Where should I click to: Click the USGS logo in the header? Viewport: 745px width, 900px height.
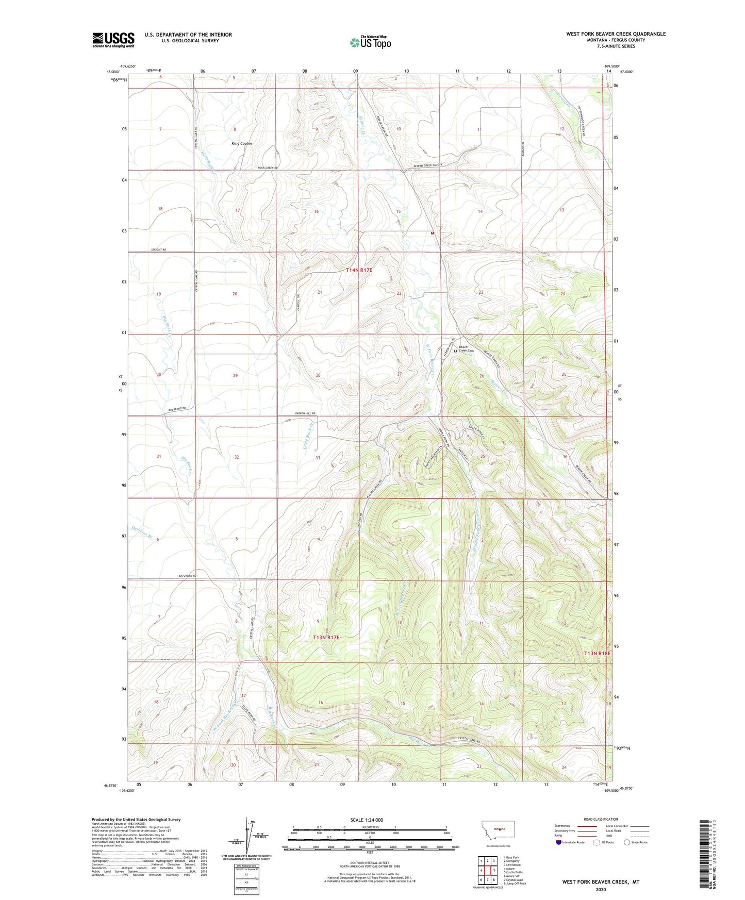[113, 39]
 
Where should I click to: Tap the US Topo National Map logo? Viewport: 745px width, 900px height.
[370, 42]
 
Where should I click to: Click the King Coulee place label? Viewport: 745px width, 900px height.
[242, 143]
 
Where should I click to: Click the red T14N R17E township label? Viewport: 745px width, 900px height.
[359, 270]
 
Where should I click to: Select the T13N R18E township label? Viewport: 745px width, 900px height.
[597, 653]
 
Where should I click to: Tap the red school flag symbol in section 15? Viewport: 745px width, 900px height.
[432, 232]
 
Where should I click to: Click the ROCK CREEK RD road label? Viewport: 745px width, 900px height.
[268, 168]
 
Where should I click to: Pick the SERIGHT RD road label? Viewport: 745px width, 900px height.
[159, 249]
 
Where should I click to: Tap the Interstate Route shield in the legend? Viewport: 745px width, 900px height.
[559, 842]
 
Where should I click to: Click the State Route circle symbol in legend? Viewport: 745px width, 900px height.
[627, 842]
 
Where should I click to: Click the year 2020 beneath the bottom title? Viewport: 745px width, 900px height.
[601, 889]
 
